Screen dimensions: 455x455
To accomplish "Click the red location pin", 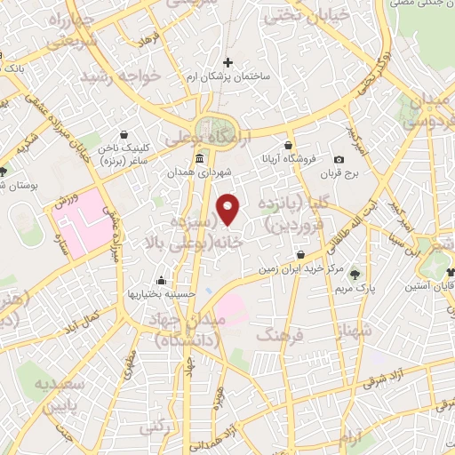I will coord(230,210).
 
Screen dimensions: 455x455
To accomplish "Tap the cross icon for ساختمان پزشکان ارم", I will coord(228,63).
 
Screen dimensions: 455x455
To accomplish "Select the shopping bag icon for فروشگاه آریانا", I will coord(288,146).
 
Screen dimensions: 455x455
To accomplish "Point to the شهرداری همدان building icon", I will coord(197,159).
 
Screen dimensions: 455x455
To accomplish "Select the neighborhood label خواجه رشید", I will coord(120,77).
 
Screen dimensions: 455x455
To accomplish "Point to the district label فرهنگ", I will coord(280,334).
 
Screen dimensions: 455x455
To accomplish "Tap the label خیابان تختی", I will coord(284,14).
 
